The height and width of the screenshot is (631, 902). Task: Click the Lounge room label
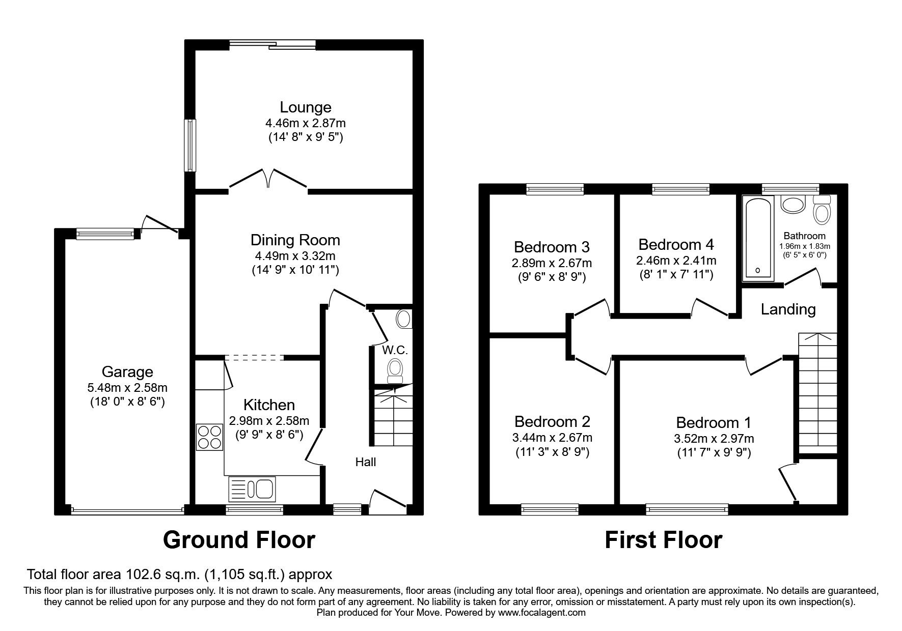point(305,107)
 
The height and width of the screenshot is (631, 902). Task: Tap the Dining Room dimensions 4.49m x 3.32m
point(295,256)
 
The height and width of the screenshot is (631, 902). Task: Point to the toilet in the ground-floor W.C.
point(395,370)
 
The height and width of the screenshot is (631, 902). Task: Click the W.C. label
point(395,350)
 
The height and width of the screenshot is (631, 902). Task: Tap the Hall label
point(365,462)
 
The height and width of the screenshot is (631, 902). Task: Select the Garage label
point(127,372)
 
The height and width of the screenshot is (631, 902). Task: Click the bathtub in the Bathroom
point(758,239)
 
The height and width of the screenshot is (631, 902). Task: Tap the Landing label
point(788,309)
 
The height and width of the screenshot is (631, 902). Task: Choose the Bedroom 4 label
point(676,245)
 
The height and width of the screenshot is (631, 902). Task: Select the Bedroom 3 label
point(552,247)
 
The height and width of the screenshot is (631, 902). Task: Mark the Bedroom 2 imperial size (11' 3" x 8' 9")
point(552,452)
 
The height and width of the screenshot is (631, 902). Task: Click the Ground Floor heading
point(239,540)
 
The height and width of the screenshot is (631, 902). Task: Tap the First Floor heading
point(663,540)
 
